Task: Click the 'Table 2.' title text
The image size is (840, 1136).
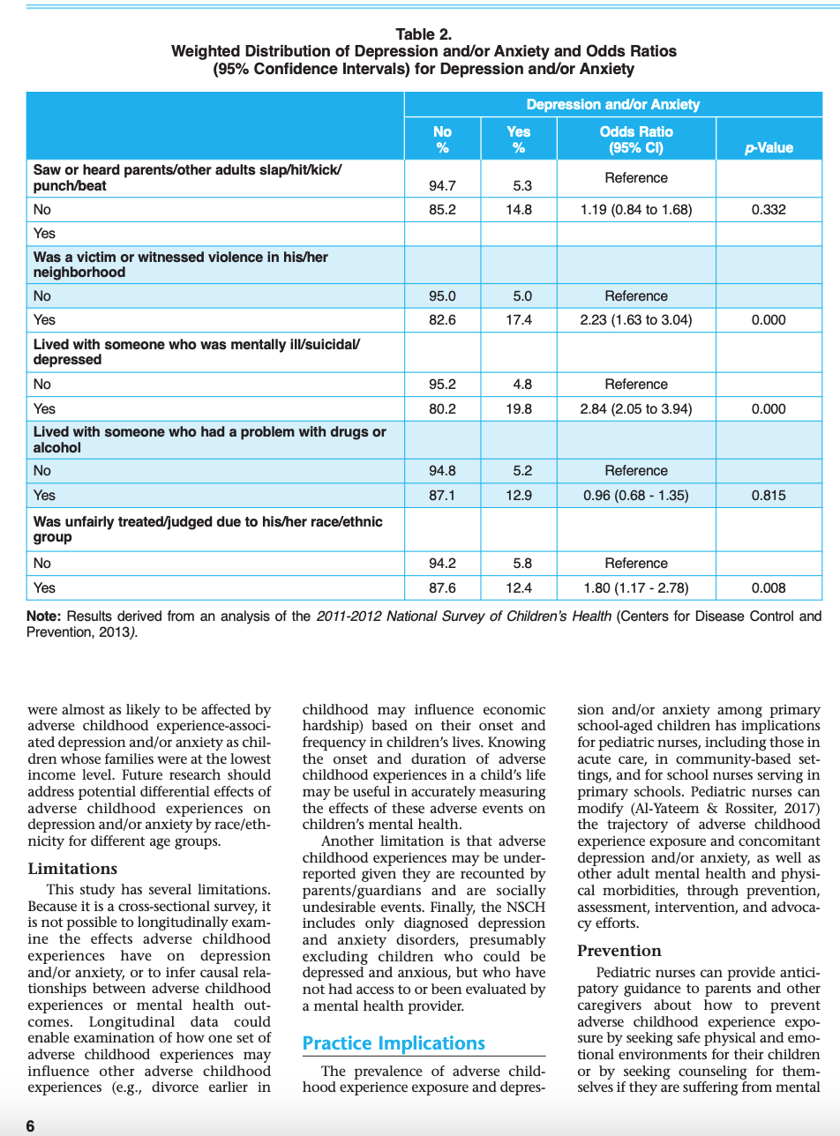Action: click(424, 34)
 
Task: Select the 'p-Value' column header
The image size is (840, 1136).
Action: click(768, 147)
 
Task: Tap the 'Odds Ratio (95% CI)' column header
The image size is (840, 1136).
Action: click(635, 139)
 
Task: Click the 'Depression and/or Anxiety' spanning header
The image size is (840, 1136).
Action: click(612, 104)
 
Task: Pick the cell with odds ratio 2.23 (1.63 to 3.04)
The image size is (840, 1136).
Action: click(635, 320)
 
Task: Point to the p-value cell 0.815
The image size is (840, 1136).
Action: click(768, 496)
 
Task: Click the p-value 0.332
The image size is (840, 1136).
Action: click(768, 210)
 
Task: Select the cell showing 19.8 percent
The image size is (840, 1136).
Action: click(519, 409)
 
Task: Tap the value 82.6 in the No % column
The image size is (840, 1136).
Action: click(442, 320)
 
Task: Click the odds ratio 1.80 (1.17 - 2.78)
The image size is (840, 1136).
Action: click(635, 588)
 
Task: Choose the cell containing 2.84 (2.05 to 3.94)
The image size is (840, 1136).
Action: click(635, 409)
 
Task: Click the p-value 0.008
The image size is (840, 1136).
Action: click(768, 588)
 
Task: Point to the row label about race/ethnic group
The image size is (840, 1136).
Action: click(207, 529)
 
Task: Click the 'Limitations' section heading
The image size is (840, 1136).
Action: click(72, 869)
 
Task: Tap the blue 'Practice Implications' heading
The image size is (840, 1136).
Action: click(394, 1043)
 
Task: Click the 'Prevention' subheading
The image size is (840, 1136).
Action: click(619, 951)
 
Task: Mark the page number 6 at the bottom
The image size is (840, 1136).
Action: click(31, 1125)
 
